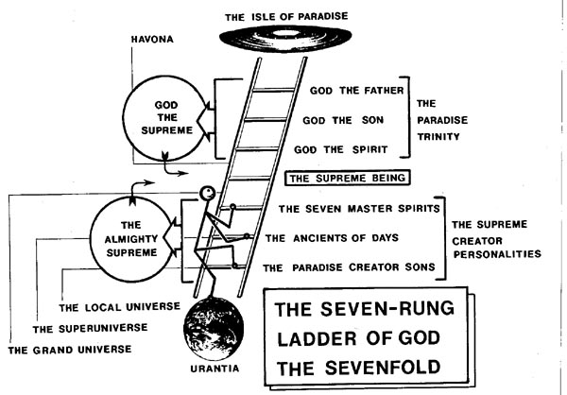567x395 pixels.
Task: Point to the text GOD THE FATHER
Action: pyautogui.click(x=356, y=92)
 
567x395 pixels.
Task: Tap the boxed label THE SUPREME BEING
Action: pyautogui.click(x=347, y=177)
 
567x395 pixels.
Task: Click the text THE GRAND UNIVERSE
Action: pyautogui.click(x=69, y=351)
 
